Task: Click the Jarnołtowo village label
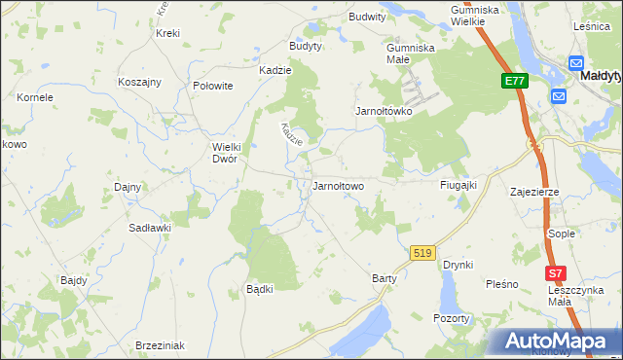[338, 186]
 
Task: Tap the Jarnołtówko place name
[384, 111]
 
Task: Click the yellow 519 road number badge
[421, 252]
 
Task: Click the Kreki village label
[167, 33]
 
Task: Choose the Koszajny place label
[138, 82]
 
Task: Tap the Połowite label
[213, 86]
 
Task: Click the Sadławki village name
[150, 227]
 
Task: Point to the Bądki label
[259, 289]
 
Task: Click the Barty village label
[385, 278]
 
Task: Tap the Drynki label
[458, 265]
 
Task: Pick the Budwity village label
[367, 17]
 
